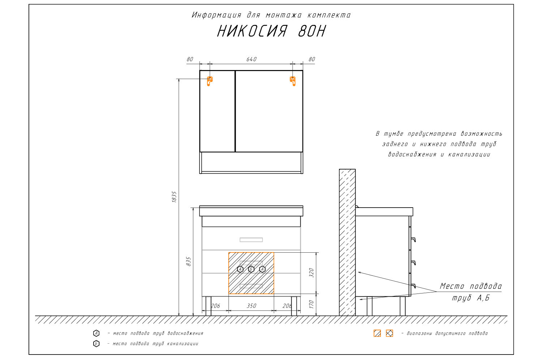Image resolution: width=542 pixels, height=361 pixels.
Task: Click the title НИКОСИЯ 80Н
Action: pos(271,31)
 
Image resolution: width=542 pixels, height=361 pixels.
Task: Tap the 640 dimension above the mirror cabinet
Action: pos(251,59)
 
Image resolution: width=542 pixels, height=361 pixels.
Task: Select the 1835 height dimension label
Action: pos(174,197)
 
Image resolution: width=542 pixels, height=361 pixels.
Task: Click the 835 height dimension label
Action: pos(189,262)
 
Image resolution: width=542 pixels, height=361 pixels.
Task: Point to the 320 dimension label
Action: pos(311,273)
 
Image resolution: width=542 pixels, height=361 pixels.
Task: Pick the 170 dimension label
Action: pos(311,304)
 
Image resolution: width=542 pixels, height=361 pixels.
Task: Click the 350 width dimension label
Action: pos(251,306)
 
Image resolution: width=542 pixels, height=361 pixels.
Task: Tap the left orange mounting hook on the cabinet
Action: pos(210,81)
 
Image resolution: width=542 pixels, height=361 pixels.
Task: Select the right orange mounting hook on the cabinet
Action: pos(293,81)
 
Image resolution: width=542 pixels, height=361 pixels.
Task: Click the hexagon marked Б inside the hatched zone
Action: pos(251,269)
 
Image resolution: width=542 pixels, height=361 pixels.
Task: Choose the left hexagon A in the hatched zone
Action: pos(240,269)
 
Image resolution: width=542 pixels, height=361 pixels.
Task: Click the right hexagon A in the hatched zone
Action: pos(262,269)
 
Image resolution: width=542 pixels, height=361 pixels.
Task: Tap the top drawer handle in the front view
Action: pos(251,240)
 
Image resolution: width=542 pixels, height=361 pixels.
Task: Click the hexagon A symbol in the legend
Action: pos(96,333)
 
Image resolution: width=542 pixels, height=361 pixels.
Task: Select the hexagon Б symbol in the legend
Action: pos(96,344)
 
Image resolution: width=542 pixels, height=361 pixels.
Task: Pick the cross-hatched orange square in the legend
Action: pos(389,333)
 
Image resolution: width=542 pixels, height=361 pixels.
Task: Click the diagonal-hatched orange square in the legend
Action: pos(377,333)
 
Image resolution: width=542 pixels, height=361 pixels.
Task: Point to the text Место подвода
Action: pos(470,286)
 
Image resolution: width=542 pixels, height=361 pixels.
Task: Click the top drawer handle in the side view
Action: pos(413,240)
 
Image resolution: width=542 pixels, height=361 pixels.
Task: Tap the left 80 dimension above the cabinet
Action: pos(190,59)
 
